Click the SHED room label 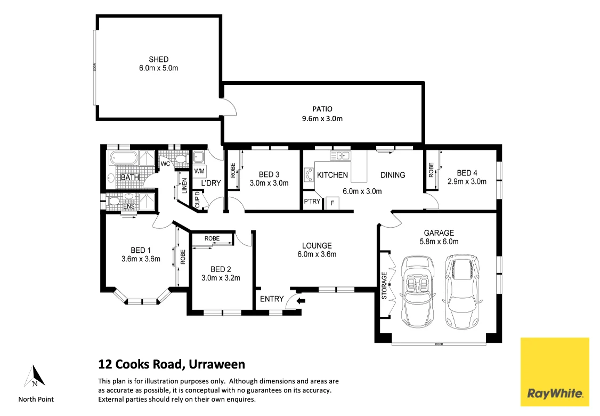(159, 59)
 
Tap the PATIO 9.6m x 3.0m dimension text (322, 118)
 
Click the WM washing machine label (199, 171)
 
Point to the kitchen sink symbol (339, 156)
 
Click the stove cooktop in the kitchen (309, 174)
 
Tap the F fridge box (333, 203)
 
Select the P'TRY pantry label (312, 202)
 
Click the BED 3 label (269, 174)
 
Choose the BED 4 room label (467, 172)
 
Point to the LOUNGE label (317, 246)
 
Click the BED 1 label (141, 250)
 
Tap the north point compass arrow (35, 377)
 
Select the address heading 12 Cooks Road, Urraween (172, 365)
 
